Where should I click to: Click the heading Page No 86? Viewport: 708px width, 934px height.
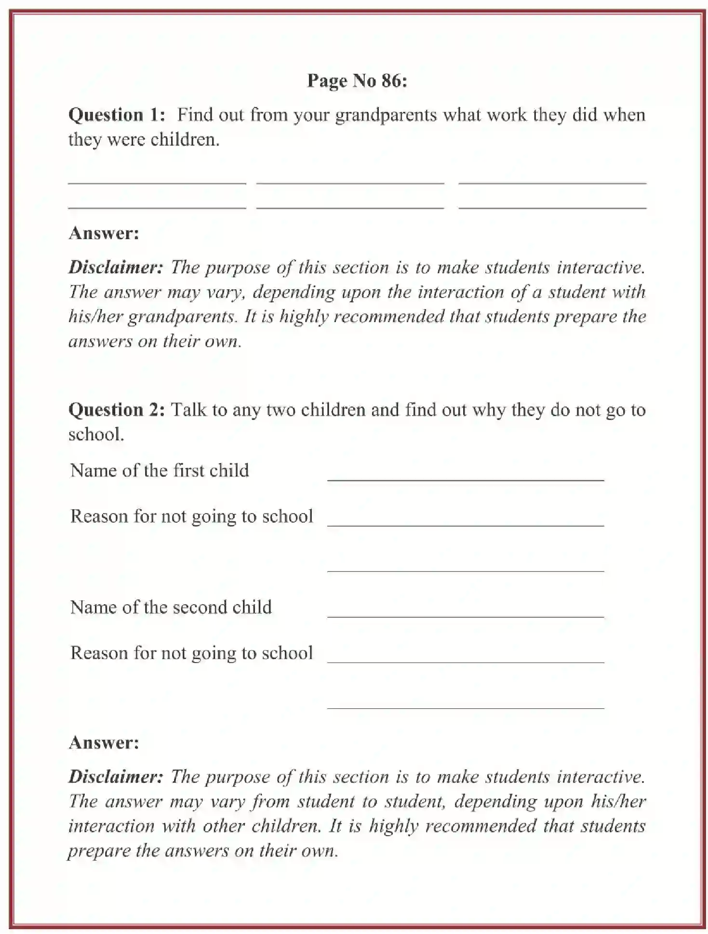coord(357,81)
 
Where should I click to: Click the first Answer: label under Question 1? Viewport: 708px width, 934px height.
coord(104,233)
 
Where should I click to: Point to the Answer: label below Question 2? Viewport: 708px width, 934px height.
coord(104,743)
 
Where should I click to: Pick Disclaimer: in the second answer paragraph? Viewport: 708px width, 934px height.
coord(116,777)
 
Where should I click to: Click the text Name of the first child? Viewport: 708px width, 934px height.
coord(160,471)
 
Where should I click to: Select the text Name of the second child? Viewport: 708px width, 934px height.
coord(171,607)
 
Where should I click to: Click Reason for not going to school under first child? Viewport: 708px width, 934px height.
coord(191,516)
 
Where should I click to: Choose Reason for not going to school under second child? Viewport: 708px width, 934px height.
coord(191,653)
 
